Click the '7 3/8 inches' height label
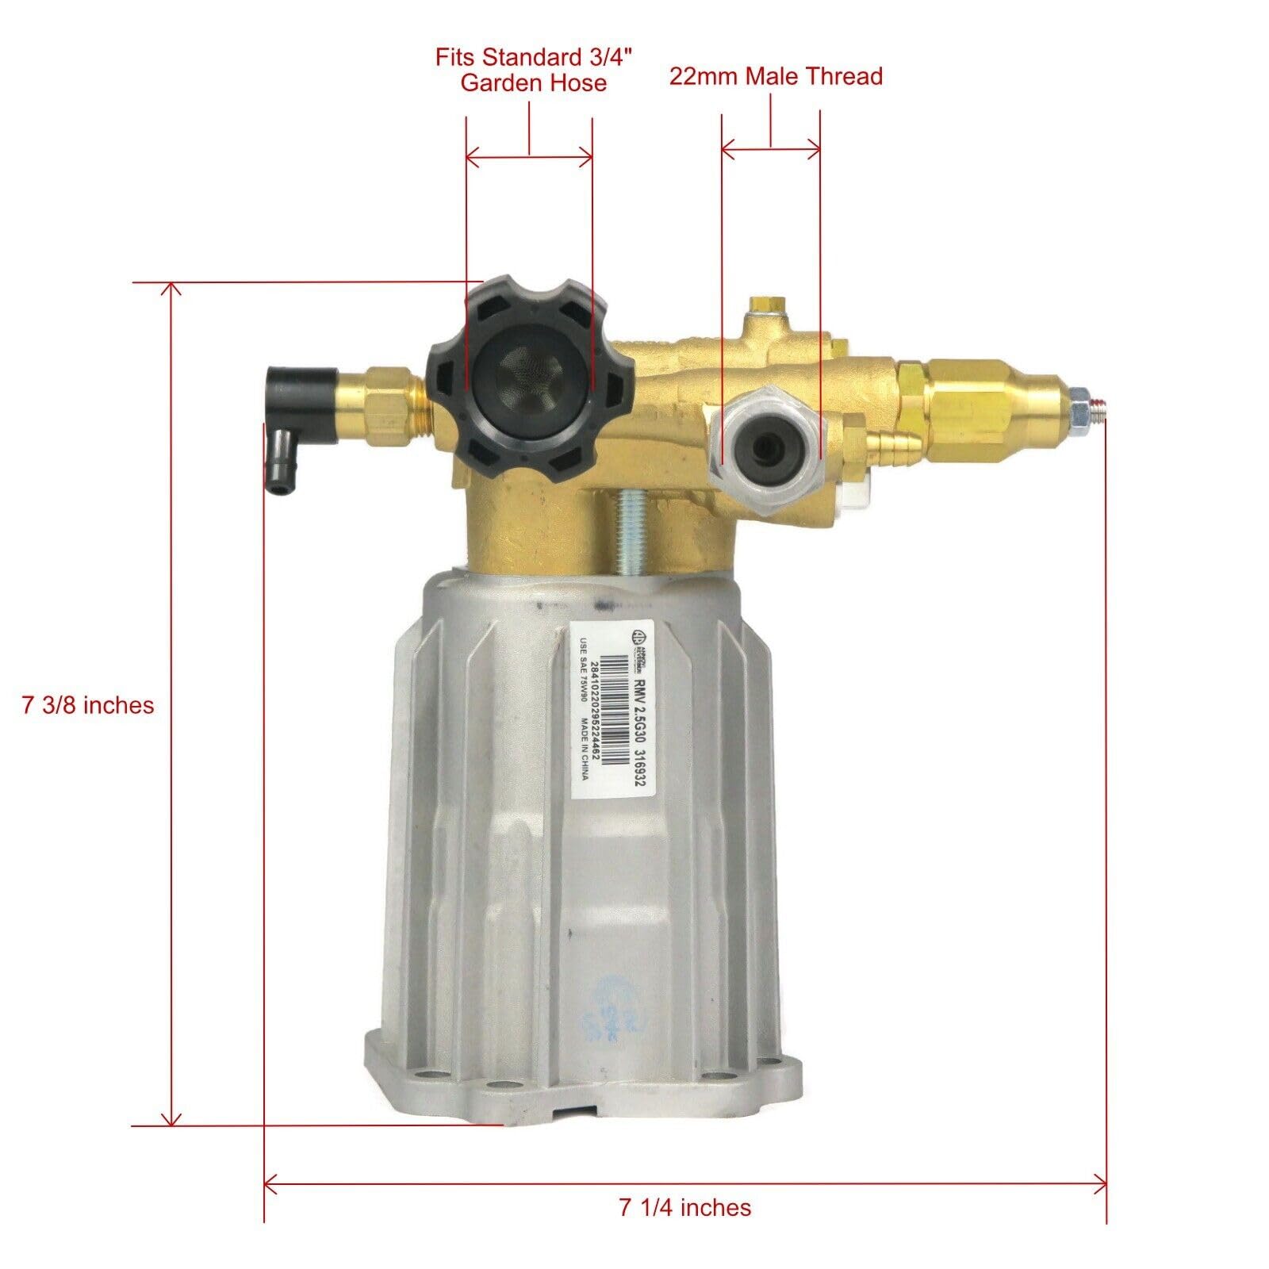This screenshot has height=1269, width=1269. click(x=88, y=704)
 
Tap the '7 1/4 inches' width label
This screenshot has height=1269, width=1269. click(x=684, y=1207)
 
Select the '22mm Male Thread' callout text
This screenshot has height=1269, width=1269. click(x=775, y=76)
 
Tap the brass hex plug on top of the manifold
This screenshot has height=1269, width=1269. click(x=765, y=304)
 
